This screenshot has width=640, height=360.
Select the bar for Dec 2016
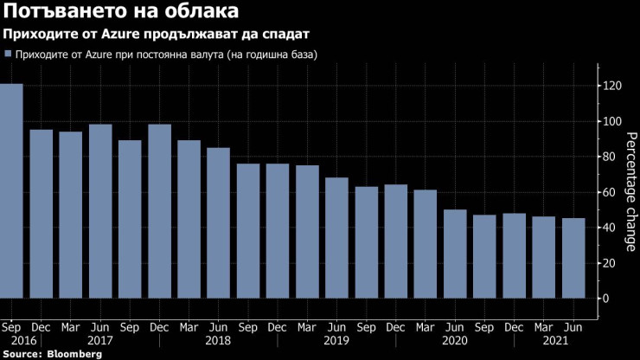coord(42,214)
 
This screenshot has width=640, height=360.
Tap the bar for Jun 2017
coord(100,211)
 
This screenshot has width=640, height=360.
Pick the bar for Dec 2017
coord(159,211)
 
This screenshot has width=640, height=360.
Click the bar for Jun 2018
coord(219,222)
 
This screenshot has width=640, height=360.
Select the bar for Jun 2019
coord(336,238)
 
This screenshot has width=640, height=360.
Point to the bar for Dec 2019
coord(395,241)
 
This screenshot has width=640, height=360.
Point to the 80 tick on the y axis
coord(612,157)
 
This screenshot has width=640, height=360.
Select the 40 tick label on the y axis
coord(612,228)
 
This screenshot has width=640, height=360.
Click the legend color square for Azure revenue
coord(8,54)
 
